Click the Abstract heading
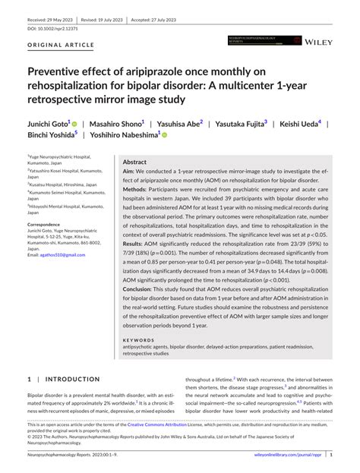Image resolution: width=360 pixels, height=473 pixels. tap(134, 162)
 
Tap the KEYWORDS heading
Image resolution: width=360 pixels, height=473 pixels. tap(137, 339)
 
